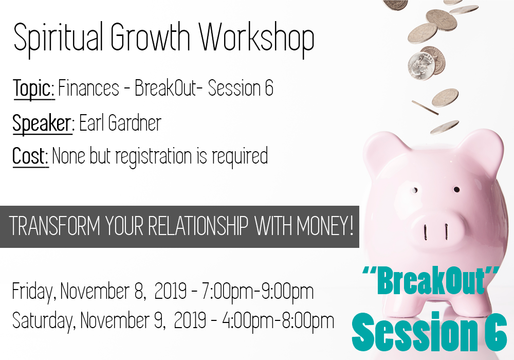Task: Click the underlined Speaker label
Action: (x=42, y=123)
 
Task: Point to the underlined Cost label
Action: (x=30, y=156)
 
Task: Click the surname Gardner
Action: (x=134, y=123)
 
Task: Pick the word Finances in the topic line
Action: (x=88, y=88)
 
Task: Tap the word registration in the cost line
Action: (x=154, y=156)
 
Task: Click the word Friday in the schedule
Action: (x=32, y=291)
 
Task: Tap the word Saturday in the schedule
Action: (x=42, y=320)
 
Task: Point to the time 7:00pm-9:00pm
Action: (x=258, y=291)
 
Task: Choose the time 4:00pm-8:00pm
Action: (x=278, y=320)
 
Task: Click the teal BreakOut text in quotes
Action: (x=431, y=281)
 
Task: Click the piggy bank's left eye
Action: (x=415, y=190)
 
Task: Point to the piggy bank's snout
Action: (x=436, y=227)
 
